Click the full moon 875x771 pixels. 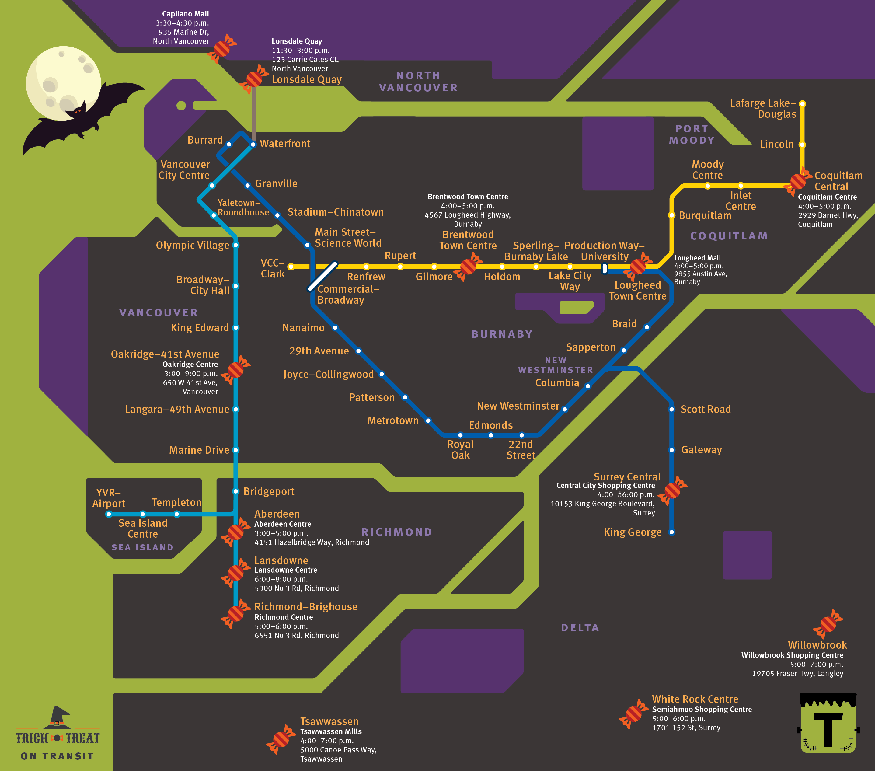tap(63, 83)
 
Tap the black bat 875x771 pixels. tap(81, 116)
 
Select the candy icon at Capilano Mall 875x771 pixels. tap(222, 48)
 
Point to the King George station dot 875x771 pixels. tap(672, 532)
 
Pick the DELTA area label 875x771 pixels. tap(580, 628)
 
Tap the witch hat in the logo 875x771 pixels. tap(58, 717)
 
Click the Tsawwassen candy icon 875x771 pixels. tap(281, 739)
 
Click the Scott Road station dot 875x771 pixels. tap(672, 410)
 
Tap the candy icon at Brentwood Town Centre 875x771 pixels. tap(468, 267)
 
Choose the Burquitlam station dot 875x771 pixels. tap(672, 215)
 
